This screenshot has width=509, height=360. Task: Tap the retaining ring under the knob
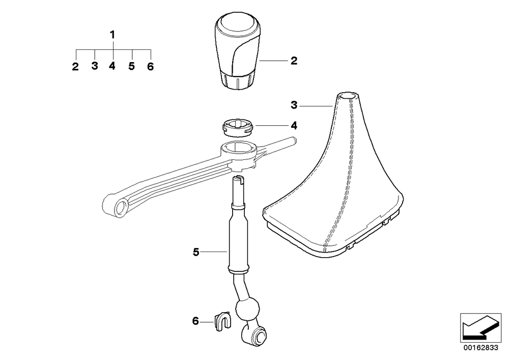[238, 127]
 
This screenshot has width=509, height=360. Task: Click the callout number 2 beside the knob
[294, 61]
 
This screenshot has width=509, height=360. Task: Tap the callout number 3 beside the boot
[294, 105]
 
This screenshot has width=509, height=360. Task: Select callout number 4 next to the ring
[294, 126]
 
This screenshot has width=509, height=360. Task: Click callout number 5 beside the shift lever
[196, 252]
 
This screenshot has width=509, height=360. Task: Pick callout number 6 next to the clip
[195, 321]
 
